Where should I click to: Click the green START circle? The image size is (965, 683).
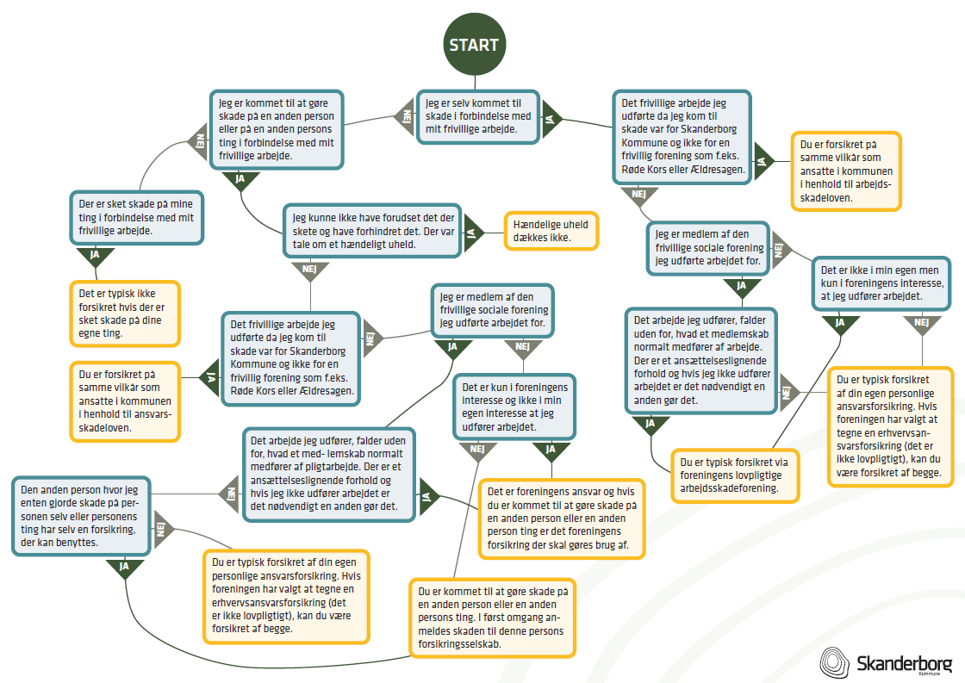pyautogui.click(x=475, y=44)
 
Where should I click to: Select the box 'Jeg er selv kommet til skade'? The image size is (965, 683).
pyautogui.click(x=478, y=117)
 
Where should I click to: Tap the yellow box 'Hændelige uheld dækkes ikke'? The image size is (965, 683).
pyautogui.click(x=551, y=231)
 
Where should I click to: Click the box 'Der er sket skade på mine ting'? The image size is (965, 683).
pyautogui.click(x=136, y=218)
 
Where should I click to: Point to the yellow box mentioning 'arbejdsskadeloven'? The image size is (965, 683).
pyautogui.click(x=845, y=171)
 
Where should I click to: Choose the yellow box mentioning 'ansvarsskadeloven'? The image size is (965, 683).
pyautogui.click(x=125, y=401)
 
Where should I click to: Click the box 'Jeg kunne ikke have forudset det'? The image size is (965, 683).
pyautogui.click(x=372, y=231)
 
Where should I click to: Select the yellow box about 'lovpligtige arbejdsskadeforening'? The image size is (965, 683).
pyautogui.click(x=734, y=475)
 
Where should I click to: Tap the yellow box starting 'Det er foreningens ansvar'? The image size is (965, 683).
pyautogui.click(x=562, y=518)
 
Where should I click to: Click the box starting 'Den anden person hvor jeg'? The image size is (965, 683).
pyautogui.click(x=81, y=516)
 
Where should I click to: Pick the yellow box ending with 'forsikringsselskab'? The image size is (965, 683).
pyautogui.click(x=492, y=618)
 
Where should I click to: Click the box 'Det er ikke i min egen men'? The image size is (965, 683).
pyautogui.click(x=881, y=283)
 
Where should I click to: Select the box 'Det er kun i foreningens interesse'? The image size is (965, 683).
pyautogui.click(x=514, y=407)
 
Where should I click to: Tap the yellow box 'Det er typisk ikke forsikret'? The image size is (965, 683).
pyautogui.click(x=125, y=314)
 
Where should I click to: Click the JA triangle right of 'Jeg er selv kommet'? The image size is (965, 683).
pyautogui.click(x=551, y=117)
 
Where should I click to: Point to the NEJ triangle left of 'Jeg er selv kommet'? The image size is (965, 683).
pyautogui.click(x=405, y=117)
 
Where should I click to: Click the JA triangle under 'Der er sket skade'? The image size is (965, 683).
pyautogui.click(x=96, y=256)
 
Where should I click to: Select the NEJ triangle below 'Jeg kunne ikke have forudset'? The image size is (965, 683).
pyautogui.click(x=310, y=270)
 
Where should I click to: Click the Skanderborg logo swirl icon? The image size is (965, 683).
pyautogui.click(x=835, y=662)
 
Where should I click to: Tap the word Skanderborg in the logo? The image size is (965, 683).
pyautogui.click(x=904, y=663)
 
